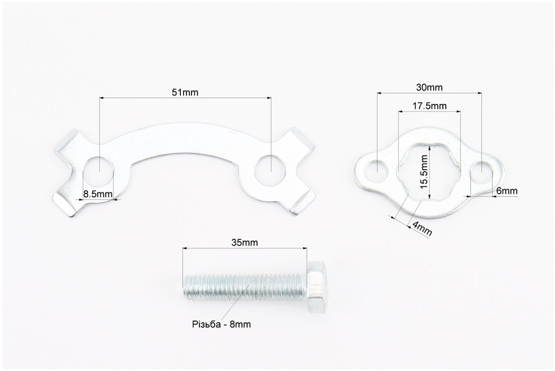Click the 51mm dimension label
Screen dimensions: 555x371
coord(185,93)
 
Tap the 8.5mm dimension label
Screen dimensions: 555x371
coord(98,194)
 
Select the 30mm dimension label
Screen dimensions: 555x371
coord(430,87)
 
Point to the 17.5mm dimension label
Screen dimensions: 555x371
coord(430,106)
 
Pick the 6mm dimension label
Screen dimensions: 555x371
coord(507,191)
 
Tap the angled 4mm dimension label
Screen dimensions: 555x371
coord(422,229)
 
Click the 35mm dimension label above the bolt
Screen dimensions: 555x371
coord(245,243)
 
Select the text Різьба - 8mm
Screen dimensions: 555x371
coord(221,324)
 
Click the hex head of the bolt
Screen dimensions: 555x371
coord(316,287)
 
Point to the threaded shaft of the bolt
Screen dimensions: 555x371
coord(245,287)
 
